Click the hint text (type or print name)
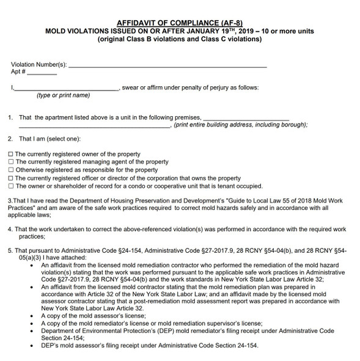tap(63, 95)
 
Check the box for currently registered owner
tap(10, 154)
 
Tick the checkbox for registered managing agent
tap(10, 162)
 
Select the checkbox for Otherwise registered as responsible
tap(10, 170)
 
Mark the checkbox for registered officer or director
tap(10, 178)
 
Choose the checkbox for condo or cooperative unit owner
tap(10, 186)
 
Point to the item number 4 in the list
tap(10, 229)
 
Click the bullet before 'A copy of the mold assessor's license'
tap(31, 316)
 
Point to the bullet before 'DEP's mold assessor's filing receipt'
tap(31, 346)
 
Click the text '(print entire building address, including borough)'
tap(240, 125)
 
